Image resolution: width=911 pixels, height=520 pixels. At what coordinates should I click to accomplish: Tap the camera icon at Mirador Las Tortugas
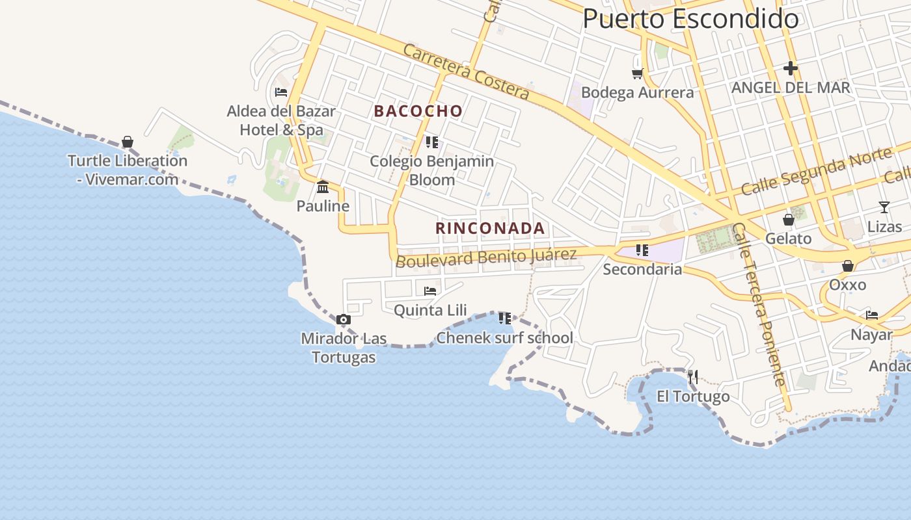click(x=344, y=319)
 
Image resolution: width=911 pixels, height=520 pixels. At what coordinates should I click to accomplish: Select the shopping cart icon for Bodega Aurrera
click(x=638, y=73)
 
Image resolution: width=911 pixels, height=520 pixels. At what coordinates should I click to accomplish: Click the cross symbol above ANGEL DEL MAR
click(x=791, y=68)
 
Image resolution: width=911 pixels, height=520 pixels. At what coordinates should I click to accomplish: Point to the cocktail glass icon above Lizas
click(x=884, y=207)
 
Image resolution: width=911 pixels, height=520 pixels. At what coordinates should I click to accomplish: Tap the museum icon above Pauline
click(x=323, y=187)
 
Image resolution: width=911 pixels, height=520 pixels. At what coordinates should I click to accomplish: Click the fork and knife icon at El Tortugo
click(x=693, y=376)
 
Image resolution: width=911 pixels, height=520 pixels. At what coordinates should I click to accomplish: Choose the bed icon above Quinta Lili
click(x=430, y=291)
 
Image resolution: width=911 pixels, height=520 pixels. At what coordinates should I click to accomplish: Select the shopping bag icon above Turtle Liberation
click(x=128, y=142)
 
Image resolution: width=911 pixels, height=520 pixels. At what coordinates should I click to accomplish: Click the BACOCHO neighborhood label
click(x=418, y=111)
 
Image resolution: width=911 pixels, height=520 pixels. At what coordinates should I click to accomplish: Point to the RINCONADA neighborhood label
click(x=490, y=228)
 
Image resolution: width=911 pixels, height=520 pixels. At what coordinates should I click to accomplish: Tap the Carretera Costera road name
click(x=466, y=71)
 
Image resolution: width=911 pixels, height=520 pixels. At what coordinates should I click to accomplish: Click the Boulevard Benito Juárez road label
click(x=486, y=257)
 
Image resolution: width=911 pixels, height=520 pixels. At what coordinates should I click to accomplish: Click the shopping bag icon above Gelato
click(x=789, y=220)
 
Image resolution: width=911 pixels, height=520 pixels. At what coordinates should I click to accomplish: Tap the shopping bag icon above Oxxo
click(x=848, y=266)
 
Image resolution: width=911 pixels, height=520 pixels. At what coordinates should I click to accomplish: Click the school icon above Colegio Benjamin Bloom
click(x=432, y=142)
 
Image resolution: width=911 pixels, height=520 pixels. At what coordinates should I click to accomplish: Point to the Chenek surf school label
click(x=504, y=338)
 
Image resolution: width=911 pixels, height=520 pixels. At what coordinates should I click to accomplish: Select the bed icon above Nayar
click(x=872, y=315)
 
